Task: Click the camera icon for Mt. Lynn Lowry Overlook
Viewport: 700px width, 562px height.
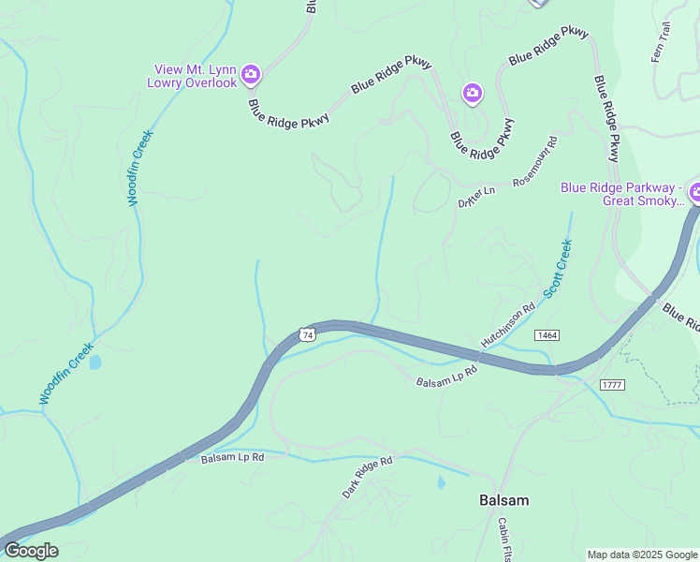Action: click(250, 74)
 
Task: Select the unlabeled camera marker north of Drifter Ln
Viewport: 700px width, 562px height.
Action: click(472, 92)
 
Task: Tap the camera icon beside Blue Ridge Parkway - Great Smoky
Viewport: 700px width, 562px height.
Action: click(694, 194)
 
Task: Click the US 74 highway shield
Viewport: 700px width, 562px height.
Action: click(307, 334)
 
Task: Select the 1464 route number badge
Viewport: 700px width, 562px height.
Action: click(547, 334)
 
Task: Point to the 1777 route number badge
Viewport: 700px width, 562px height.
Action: click(613, 385)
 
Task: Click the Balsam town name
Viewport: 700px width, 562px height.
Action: click(503, 500)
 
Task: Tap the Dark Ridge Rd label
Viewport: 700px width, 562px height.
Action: click(366, 477)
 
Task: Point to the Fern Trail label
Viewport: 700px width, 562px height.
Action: click(661, 43)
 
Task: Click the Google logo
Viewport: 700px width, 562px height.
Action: click(30, 551)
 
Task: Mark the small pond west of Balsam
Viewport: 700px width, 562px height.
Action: click(441, 483)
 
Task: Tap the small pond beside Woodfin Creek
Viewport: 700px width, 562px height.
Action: click(95, 362)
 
